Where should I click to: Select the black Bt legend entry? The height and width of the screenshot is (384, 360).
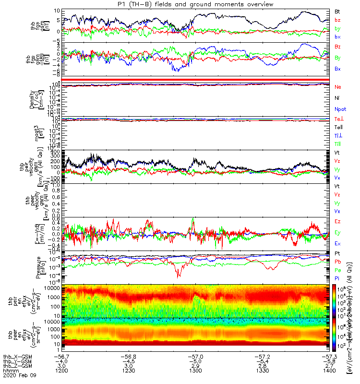click(x=337, y=11)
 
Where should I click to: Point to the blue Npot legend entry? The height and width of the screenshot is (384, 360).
click(x=339, y=109)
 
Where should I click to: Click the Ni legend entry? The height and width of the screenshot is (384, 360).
click(x=337, y=98)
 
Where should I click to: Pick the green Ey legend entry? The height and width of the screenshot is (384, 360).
click(x=337, y=233)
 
